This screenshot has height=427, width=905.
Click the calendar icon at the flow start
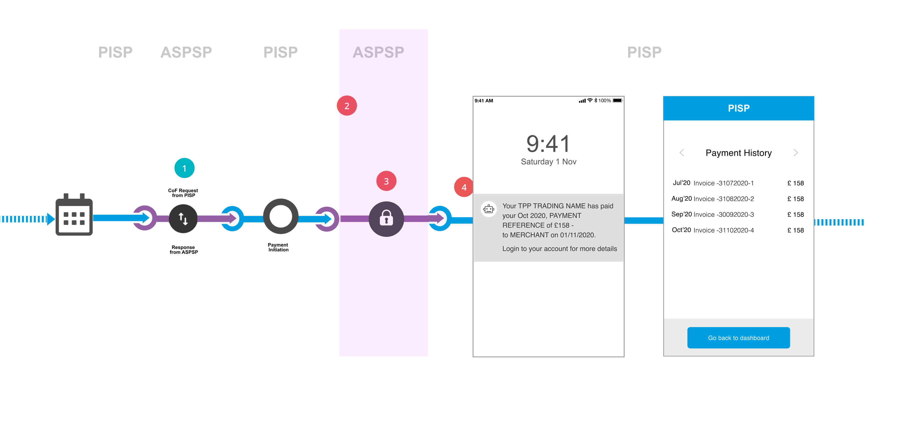[x=74, y=215]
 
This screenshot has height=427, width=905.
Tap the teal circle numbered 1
[x=185, y=168]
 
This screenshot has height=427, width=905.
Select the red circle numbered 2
[x=347, y=106]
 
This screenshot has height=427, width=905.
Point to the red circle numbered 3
[x=386, y=181]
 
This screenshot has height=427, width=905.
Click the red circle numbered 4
[x=464, y=187]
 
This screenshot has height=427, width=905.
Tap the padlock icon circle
[x=386, y=219]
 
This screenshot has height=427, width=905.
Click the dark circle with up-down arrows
[x=183, y=219]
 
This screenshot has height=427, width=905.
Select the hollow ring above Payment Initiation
[x=280, y=216]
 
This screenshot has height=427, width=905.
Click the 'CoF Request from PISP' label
[x=183, y=193]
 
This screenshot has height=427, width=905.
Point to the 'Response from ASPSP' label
[x=183, y=250]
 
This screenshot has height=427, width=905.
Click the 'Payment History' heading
[x=738, y=153]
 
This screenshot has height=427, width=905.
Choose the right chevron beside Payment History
[x=796, y=153]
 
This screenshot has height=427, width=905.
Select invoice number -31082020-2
[x=724, y=199]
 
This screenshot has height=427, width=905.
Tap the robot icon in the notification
[x=489, y=209]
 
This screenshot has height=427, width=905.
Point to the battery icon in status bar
[x=617, y=101]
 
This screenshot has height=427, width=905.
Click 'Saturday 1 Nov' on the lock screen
[x=549, y=161]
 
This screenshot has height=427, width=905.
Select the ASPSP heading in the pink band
[x=378, y=52]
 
